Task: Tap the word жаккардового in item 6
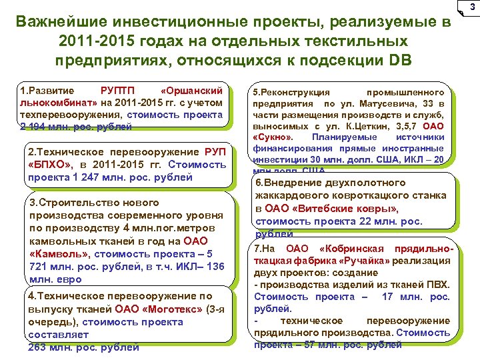(x=288, y=195)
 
